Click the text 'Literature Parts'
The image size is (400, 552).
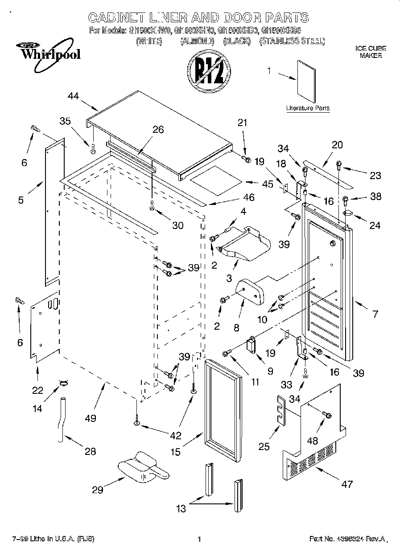point(308,108)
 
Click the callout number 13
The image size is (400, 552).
point(181,508)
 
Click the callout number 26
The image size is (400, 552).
point(158,130)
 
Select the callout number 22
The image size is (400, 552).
point(37,391)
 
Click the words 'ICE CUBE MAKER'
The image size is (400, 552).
point(371,52)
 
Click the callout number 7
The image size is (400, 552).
point(375,314)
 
